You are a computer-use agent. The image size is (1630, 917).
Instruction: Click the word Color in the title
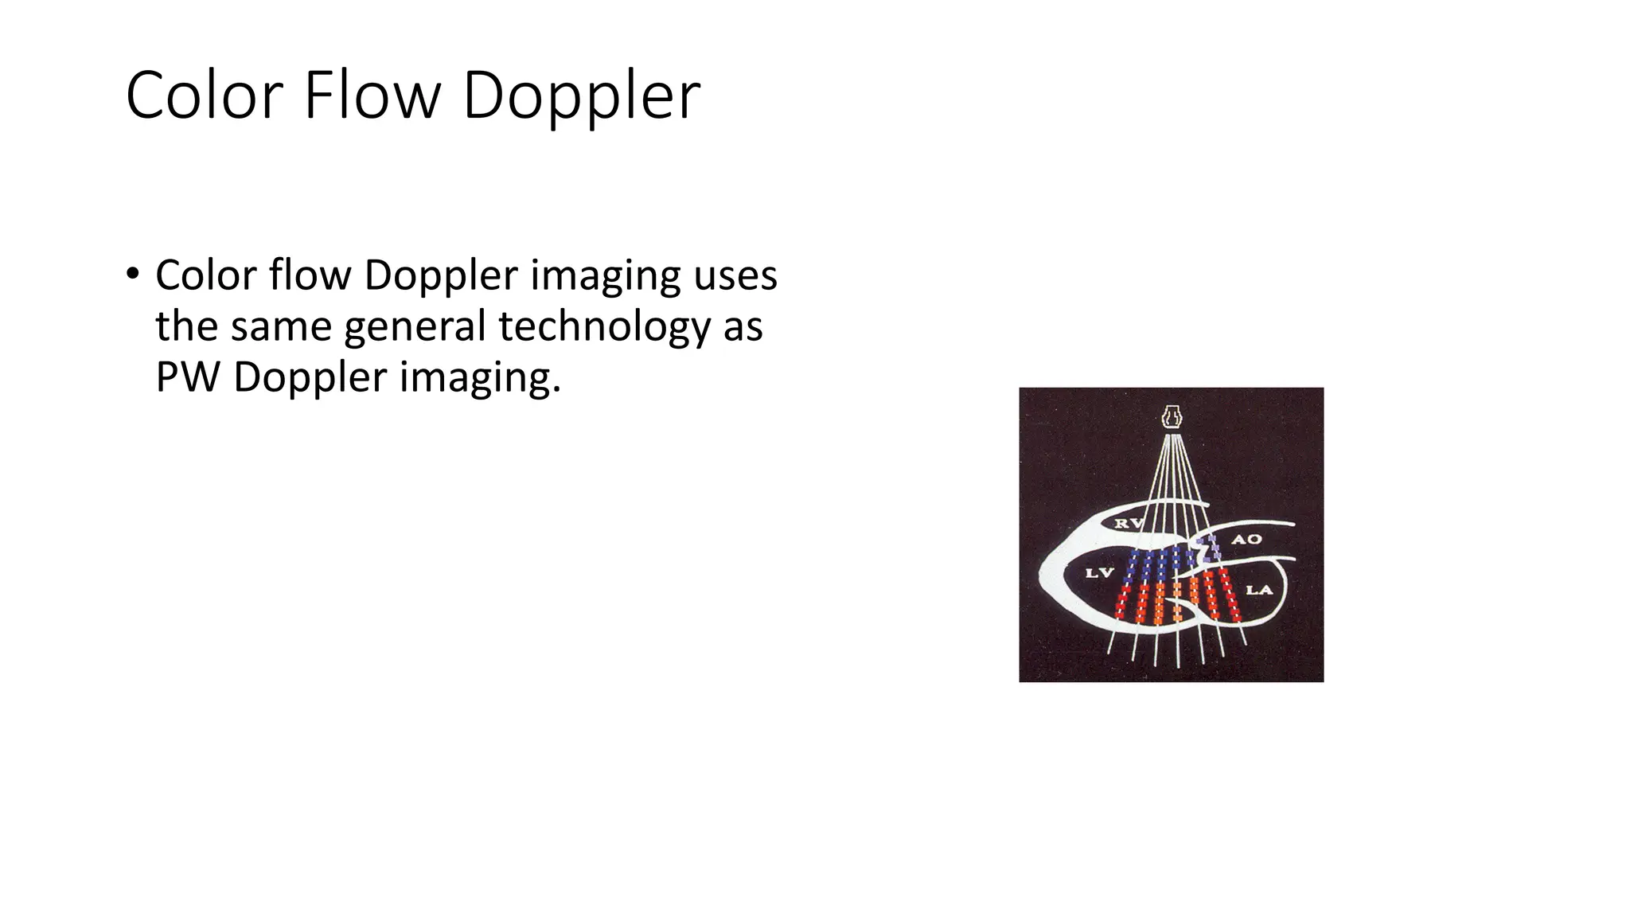coord(205,96)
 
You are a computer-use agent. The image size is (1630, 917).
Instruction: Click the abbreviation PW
coord(187,377)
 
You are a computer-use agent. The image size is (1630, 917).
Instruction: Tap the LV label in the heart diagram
coord(1100,573)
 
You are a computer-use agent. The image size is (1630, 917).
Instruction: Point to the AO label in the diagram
coord(1246,540)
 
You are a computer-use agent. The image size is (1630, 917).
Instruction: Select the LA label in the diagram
coord(1259,590)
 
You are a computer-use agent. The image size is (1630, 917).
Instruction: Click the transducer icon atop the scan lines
coord(1171,416)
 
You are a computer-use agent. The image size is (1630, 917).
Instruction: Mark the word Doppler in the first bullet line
coord(441,276)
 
